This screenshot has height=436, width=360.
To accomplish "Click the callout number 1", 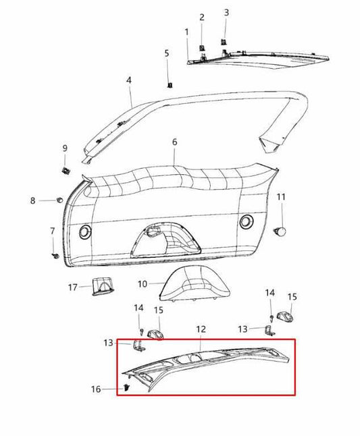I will pos(187,32).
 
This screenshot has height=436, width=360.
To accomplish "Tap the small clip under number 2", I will pos(202,47).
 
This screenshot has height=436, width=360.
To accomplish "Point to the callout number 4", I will pos(128,80).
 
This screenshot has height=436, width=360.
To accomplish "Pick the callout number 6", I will pos(174,142).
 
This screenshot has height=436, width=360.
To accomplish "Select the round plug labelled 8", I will pos(61,200).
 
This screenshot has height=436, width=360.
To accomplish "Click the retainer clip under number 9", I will pos(66,169).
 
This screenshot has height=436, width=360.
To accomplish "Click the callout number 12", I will pos(201,329).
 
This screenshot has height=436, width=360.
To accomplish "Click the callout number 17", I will pos(72,288).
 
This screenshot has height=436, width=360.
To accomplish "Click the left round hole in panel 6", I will pos(84,231).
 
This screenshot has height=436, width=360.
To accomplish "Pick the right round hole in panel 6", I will pos(247,221).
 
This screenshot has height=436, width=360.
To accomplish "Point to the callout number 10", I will pos(143,284).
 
